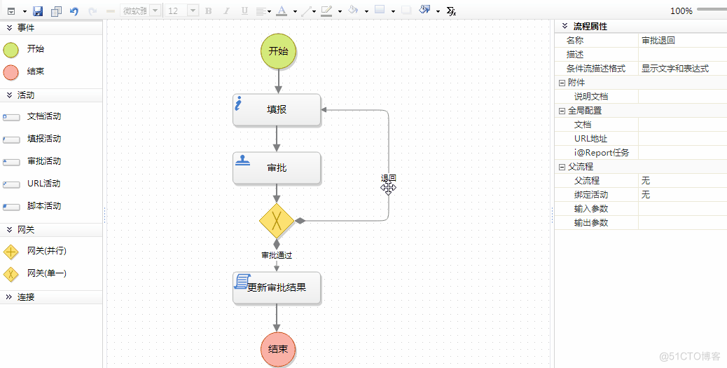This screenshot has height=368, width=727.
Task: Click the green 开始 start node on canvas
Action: pos(278,51)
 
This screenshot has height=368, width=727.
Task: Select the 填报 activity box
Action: pos(277,110)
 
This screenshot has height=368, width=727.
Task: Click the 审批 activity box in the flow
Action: pos(277,168)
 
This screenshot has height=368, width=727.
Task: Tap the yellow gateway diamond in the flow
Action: pos(277,221)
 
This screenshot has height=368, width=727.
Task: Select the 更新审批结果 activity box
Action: pos(277,287)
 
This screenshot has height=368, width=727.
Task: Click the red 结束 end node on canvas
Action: pos(277,349)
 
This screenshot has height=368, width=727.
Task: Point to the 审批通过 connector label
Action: pos(277,255)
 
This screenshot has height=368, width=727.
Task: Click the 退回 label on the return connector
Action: pos(388,178)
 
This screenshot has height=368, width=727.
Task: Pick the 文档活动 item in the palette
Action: pos(43,116)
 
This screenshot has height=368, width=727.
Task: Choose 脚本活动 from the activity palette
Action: pos(43,206)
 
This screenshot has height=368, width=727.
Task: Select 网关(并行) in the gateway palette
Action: pos(46,251)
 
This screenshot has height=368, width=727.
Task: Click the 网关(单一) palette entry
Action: pos(46,273)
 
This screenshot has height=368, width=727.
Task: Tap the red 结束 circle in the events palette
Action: pos(11,72)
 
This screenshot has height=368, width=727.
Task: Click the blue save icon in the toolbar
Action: pos(38,11)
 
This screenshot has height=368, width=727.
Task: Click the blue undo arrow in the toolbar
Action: pos(74,11)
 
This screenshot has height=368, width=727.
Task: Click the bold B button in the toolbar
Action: pos(208,11)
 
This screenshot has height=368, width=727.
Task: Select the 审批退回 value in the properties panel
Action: pos(658,41)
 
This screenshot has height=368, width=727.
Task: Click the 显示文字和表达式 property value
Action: pos(674,69)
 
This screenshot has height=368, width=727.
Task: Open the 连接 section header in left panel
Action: pos(27,297)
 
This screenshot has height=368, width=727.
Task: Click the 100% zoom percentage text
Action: pos(681,11)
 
